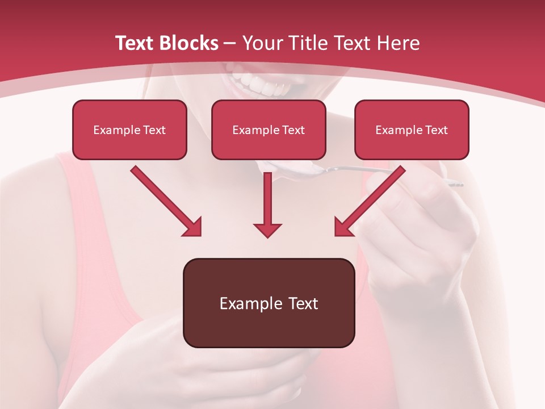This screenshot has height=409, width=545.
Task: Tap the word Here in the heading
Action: (399, 43)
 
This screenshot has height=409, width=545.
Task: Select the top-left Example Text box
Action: (129, 130)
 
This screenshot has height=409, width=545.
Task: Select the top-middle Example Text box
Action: (269, 130)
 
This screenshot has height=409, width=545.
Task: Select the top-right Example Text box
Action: (412, 130)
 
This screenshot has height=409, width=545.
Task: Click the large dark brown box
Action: (269, 303)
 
